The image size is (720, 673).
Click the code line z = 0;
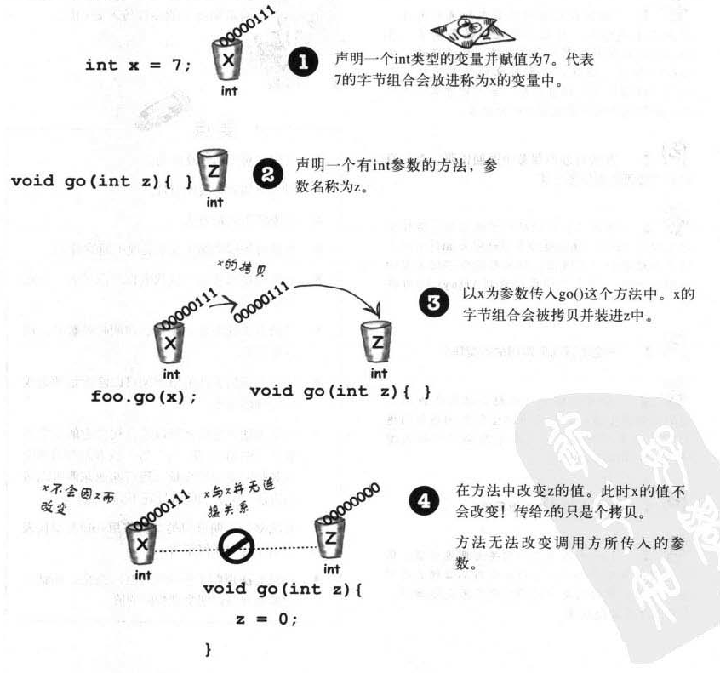pos(266,618)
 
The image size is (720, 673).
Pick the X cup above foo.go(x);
pos(171,343)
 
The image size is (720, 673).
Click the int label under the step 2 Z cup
pos(214,202)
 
